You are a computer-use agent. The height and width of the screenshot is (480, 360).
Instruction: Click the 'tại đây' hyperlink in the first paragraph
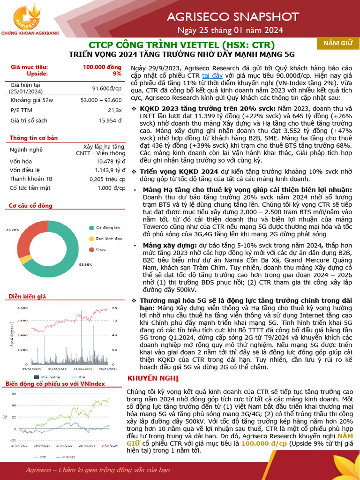212,75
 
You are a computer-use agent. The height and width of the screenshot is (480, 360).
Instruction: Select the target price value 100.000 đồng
102,67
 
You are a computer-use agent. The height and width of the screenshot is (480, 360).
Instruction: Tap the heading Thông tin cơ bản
34,138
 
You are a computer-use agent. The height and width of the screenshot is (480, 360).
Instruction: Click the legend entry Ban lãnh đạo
105,238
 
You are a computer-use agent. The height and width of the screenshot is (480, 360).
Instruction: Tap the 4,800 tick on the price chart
22,308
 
